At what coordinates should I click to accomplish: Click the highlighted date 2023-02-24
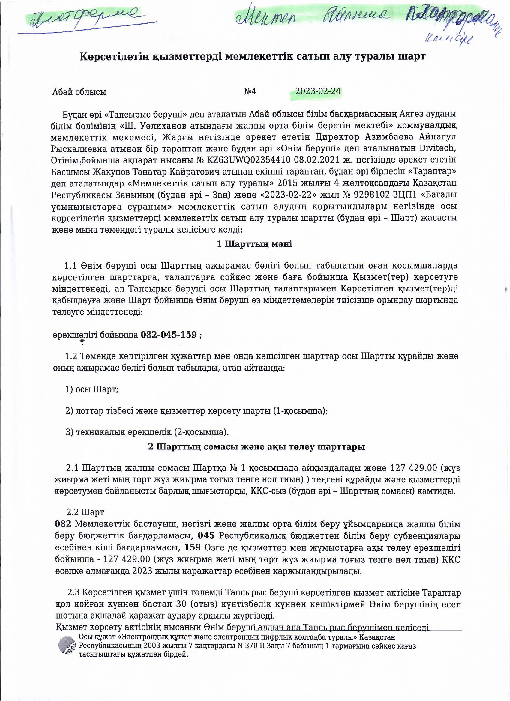tap(318, 91)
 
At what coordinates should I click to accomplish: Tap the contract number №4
tap(250, 92)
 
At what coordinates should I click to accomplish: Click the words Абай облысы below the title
tap(79, 92)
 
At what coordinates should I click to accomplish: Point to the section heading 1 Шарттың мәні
tap(254, 244)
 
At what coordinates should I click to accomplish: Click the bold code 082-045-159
tap(169, 335)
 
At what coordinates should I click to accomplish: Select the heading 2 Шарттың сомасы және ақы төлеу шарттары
tap(257, 447)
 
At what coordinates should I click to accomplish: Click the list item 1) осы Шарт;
tap(92, 389)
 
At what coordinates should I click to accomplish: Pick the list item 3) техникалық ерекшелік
tap(147, 432)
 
